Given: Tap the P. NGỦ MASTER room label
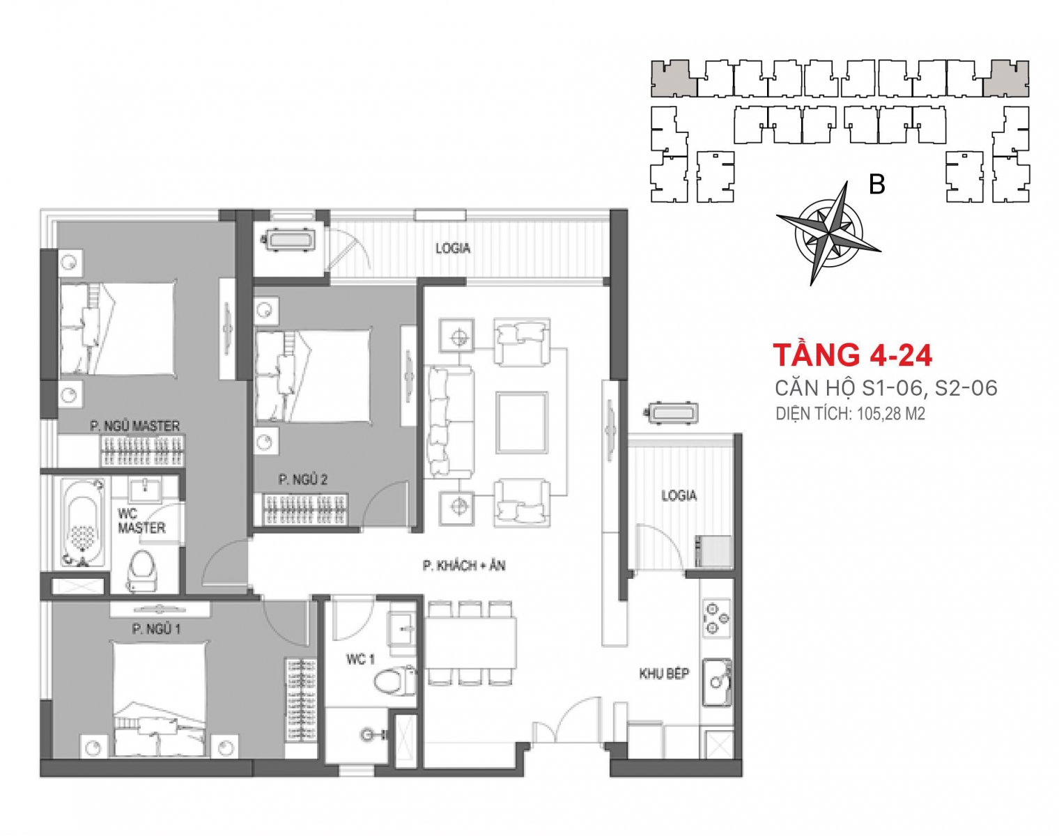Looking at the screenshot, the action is (x=135, y=426).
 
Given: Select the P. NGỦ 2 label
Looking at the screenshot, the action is (x=302, y=479).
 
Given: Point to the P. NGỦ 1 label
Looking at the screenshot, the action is (x=156, y=629).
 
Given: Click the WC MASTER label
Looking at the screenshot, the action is (x=141, y=521).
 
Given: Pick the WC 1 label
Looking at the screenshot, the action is (x=360, y=659).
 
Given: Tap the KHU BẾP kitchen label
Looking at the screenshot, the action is (x=664, y=674).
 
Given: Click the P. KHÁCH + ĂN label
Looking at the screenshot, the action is (x=464, y=566).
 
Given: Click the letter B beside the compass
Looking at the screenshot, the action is (x=877, y=185).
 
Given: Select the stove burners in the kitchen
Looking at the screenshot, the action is (x=716, y=618).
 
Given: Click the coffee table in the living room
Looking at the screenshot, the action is (x=522, y=422).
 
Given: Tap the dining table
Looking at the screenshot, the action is (x=470, y=643).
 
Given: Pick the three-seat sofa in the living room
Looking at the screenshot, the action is (x=449, y=421).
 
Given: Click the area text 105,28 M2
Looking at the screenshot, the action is (x=890, y=414).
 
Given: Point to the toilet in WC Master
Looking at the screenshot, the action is (x=142, y=570).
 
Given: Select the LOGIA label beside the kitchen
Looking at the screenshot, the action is (x=679, y=495).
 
